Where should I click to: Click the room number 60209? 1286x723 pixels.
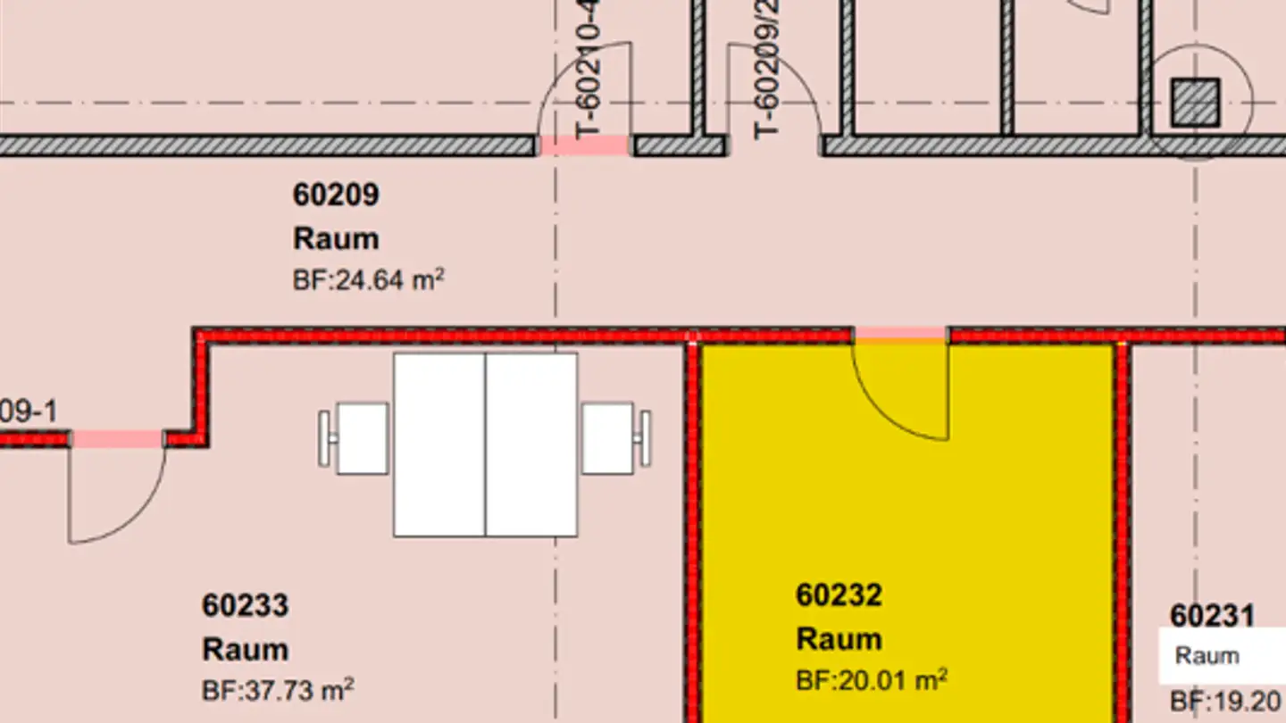click(x=336, y=195)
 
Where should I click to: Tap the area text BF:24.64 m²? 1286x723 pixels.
click(x=368, y=280)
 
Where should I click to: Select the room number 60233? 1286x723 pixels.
click(x=245, y=605)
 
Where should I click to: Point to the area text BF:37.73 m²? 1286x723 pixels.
click(x=278, y=690)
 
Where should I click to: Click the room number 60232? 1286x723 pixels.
click(x=839, y=594)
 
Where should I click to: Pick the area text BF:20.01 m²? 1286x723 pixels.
click(x=871, y=680)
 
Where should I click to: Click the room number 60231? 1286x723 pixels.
click(x=1212, y=616)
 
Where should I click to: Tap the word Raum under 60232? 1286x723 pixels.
click(x=839, y=639)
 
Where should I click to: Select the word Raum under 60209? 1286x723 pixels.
click(x=336, y=239)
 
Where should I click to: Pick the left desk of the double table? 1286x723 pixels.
click(x=439, y=445)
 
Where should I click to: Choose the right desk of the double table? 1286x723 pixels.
click(x=531, y=445)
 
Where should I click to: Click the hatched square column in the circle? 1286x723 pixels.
click(x=1195, y=103)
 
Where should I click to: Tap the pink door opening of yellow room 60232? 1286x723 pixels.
click(x=900, y=335)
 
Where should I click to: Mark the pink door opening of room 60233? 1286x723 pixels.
click(x=117, y=438)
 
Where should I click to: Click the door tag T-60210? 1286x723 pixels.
click(x=589, y=71)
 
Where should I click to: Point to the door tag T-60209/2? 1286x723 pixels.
click(x=767, y=70)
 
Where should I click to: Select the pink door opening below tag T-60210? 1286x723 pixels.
click(x=585, y=145)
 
